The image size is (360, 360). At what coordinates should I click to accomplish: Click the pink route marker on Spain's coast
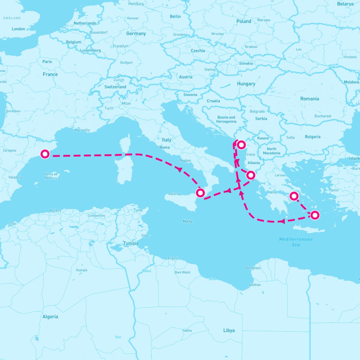tap(45, 154)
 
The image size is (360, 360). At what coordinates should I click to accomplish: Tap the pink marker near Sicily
tap(200, 193)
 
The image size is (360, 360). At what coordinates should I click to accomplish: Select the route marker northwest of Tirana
tap(241, 145)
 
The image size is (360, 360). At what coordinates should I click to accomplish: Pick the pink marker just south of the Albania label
tap(250, 175)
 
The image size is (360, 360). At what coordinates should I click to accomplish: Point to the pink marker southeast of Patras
tap(294, 196)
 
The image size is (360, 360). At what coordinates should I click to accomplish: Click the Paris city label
tap(47, 61)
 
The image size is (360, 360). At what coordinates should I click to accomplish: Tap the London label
tap(18, 29)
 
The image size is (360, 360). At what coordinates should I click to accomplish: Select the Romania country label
tap(310, 99)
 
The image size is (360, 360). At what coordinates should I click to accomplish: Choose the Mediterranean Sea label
tap(296, 242)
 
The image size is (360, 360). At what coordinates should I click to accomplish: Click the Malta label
tap(187, 221)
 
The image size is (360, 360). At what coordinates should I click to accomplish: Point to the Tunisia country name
tap(131, 243)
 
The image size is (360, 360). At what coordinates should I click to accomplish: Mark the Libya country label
tap(229, 330)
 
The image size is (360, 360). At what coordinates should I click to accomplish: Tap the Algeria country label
tap(50, 316)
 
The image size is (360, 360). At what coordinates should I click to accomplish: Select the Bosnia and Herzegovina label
tap(226, 119)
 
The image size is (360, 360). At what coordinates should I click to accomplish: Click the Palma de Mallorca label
tap(50, 176)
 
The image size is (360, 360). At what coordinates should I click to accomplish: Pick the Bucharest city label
tap(323, 116)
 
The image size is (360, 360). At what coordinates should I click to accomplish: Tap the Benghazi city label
tap(253, 268)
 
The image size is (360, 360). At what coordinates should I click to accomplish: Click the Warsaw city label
tap(264, 20)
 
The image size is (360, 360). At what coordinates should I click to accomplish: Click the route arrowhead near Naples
tap(180, 169)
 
